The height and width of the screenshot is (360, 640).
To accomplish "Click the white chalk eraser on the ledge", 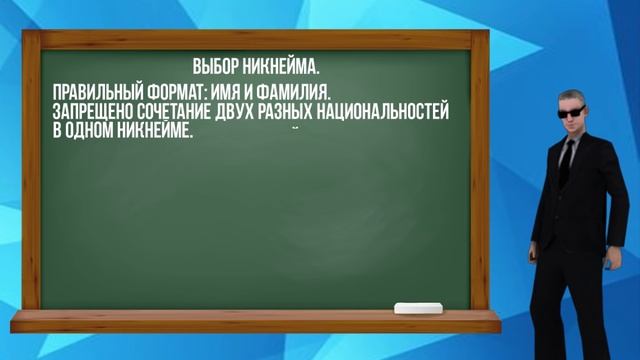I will click(417, 308).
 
